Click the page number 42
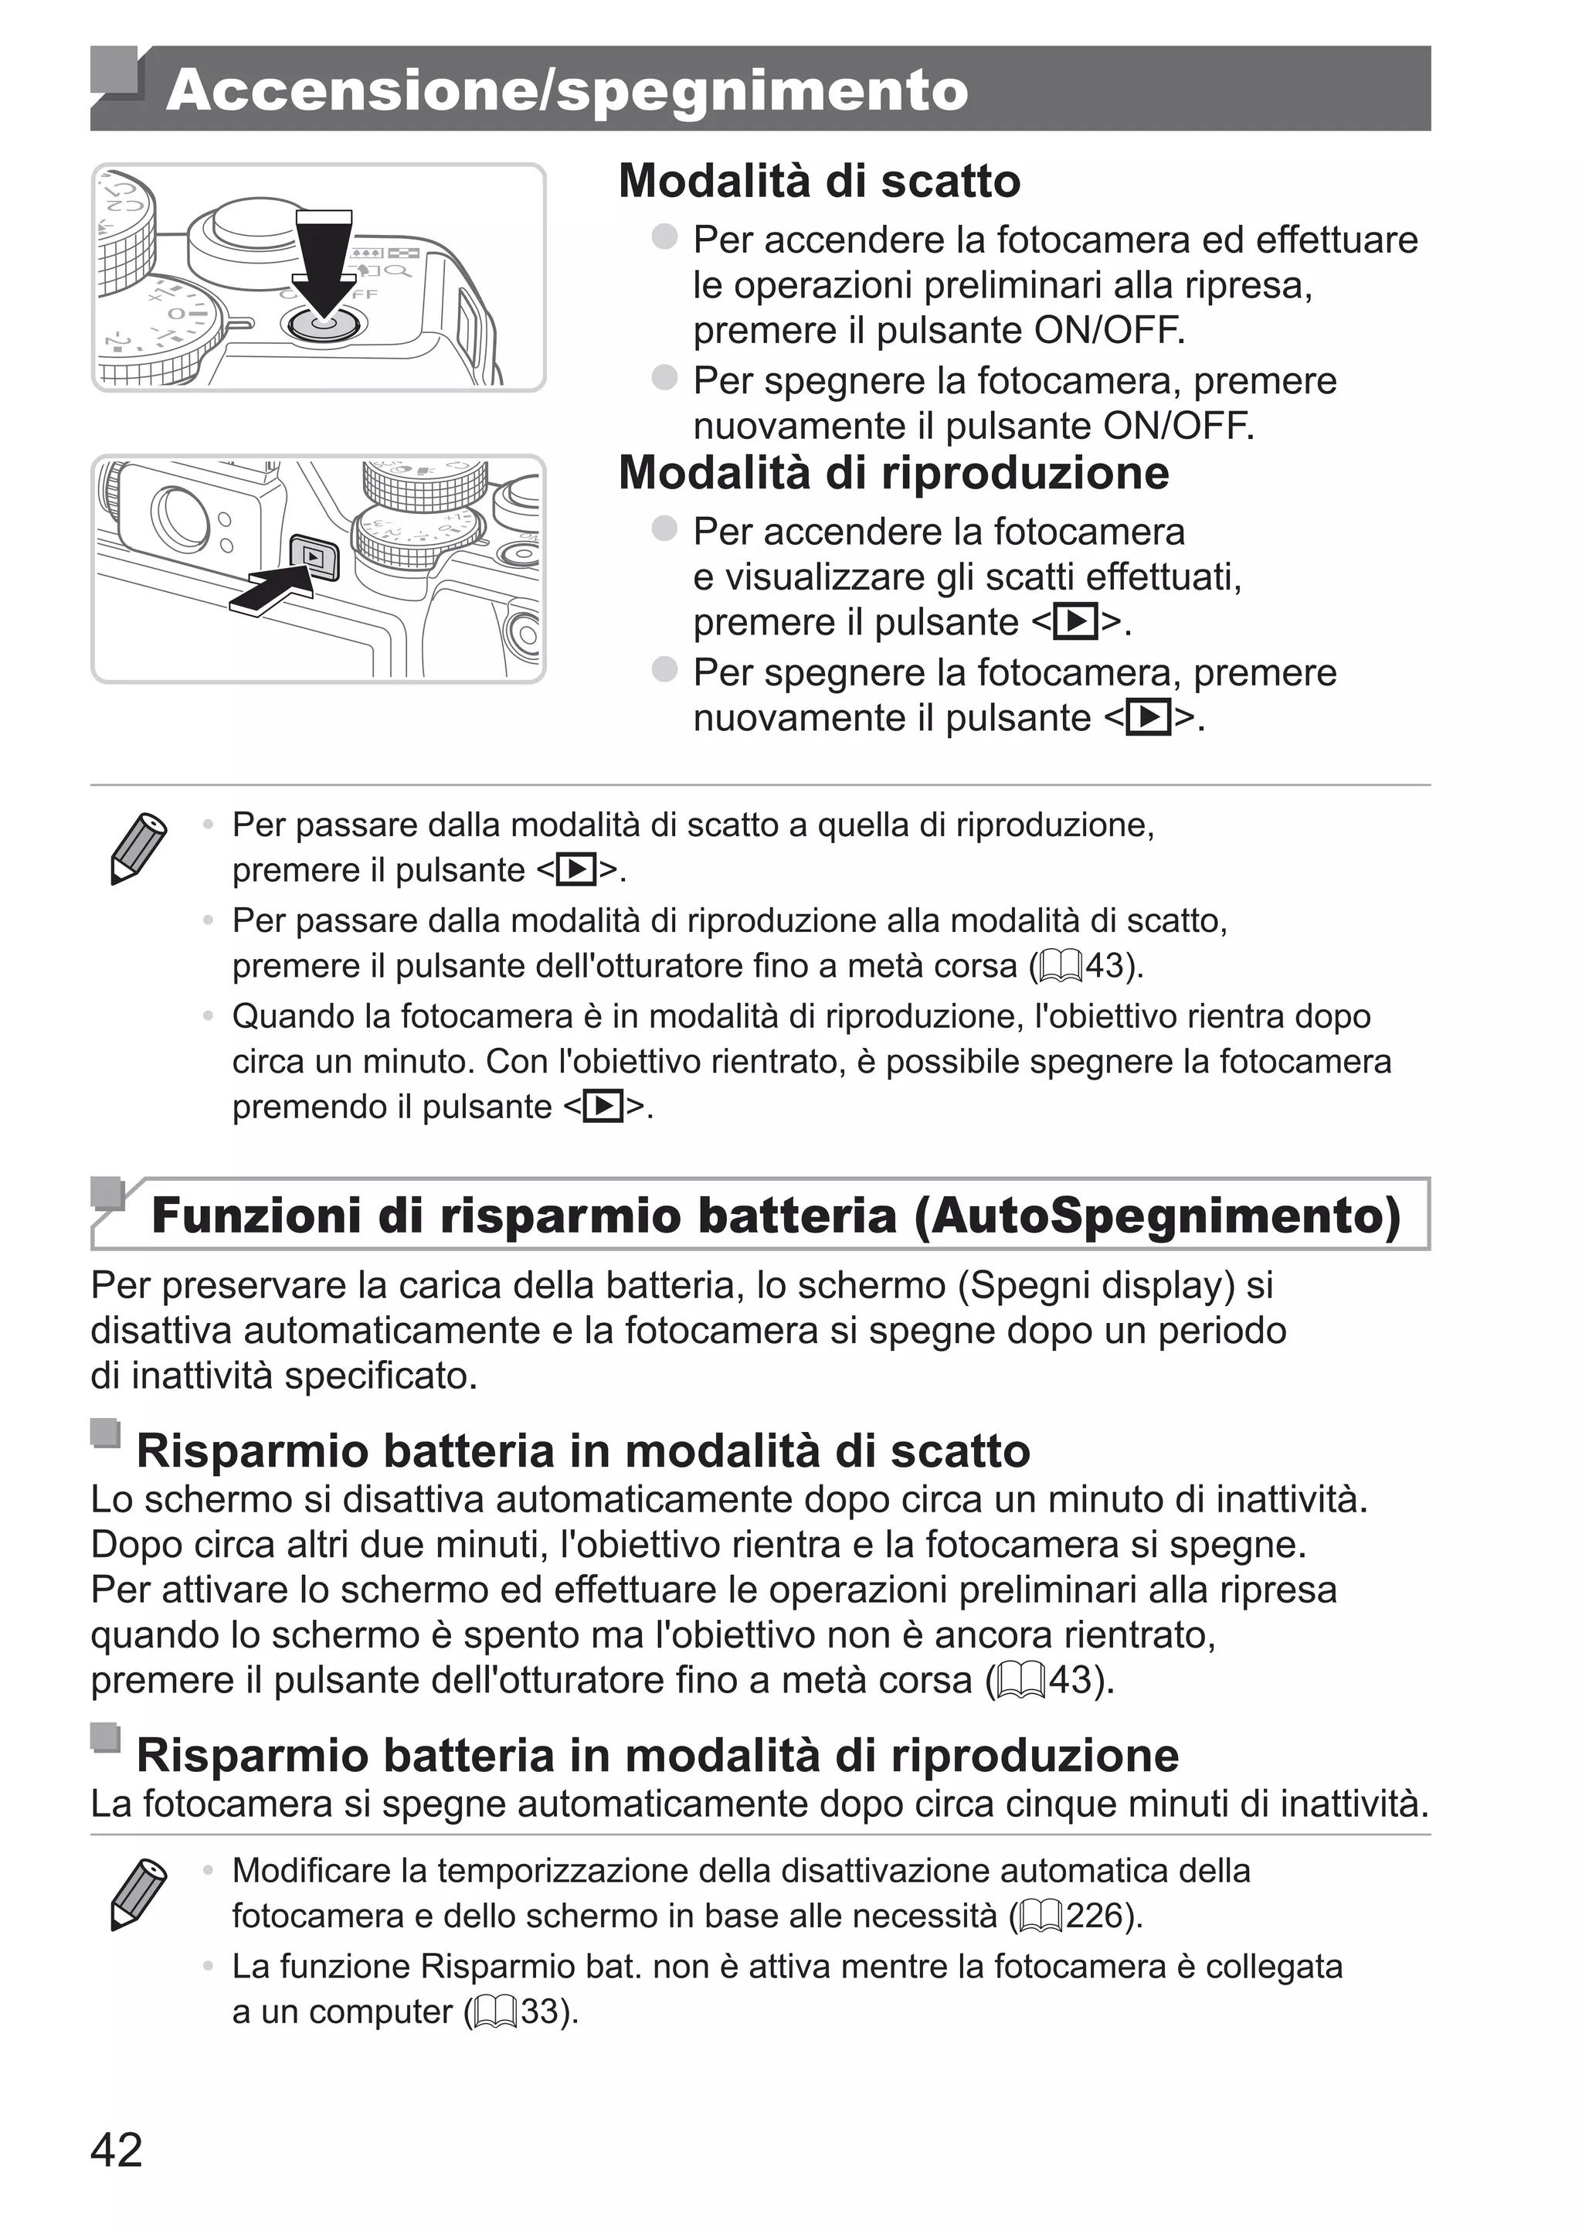116,2149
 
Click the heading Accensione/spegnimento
567,90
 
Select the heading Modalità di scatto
820,181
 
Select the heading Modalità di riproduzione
893,474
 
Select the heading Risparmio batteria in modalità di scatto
582,1450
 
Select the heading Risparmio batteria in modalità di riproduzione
657,1755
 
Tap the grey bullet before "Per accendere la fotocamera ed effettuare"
664,236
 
